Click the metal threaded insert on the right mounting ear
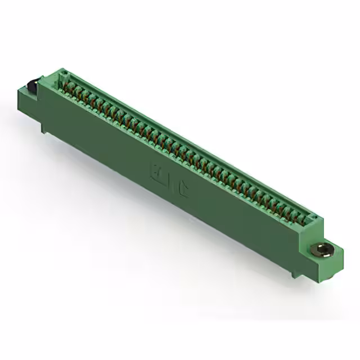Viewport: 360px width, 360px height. tap(322, 248)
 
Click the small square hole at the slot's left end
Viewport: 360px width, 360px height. tap(63, 73)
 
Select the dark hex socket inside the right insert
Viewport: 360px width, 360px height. tap(322, 247)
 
